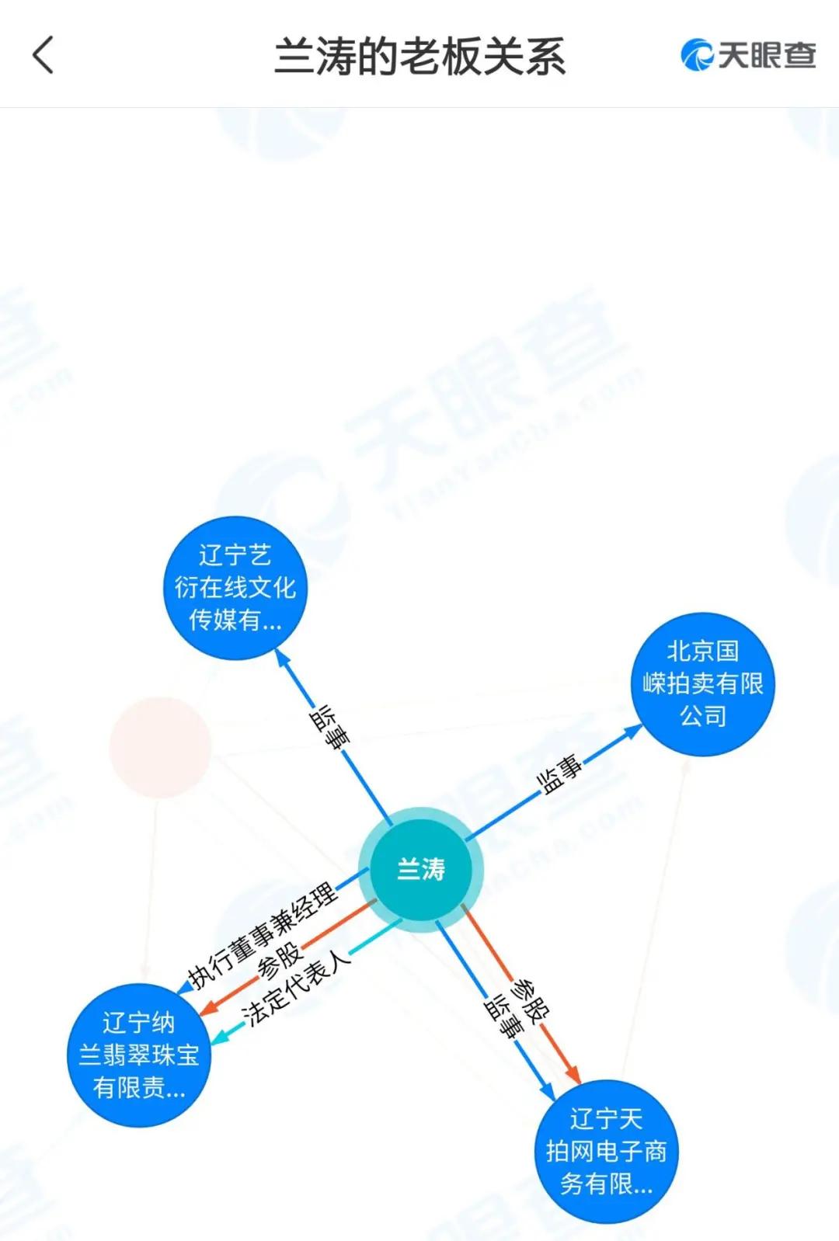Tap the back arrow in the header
point(44,55)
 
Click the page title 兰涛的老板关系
point(420,56)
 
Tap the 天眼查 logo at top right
point(748,55)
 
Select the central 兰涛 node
point(420,869)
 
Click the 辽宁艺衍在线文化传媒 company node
point(235,588)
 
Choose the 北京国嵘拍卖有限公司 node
point(703,684)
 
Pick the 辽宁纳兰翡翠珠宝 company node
point(139,1055)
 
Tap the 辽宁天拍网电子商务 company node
point(607,1152)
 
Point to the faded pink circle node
point(160,747)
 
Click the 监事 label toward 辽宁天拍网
point(503,1017)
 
